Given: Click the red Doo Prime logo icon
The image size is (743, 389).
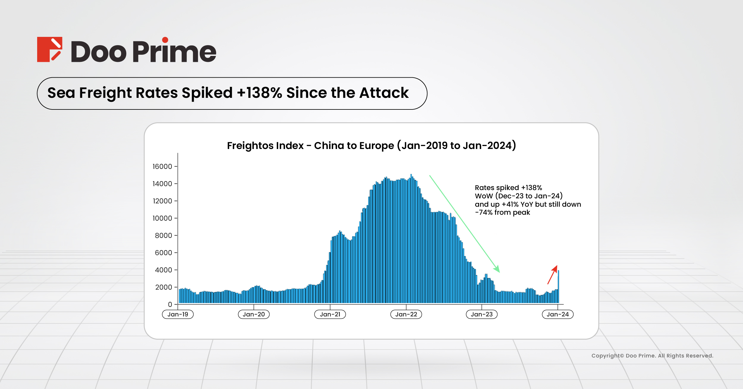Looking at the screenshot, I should pos(49,49).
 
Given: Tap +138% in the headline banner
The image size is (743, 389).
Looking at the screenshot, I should pos(259,93).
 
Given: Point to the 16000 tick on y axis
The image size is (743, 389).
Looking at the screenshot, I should pos(162,167).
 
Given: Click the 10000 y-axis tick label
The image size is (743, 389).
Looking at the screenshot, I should pos(162,218).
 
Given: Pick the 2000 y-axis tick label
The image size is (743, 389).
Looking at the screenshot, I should pos(163,287).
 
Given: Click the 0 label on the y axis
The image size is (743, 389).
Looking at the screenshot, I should pos(170,305).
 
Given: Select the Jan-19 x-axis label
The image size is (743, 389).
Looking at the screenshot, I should pos(178,314).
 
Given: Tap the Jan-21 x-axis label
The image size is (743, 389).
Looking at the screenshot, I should pos(330,314).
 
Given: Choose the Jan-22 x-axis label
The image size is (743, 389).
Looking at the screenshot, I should pos(406,314).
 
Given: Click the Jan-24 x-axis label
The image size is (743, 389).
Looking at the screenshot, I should pos(558,314).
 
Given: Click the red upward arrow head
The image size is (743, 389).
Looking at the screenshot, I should pos(555,268).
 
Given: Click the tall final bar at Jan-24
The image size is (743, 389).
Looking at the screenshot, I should pos(558,286).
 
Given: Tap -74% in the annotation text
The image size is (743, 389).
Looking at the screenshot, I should pos(484,213).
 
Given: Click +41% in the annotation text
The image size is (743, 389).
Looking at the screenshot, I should pos(510,204).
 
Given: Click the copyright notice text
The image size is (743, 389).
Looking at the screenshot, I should pos(652,356).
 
